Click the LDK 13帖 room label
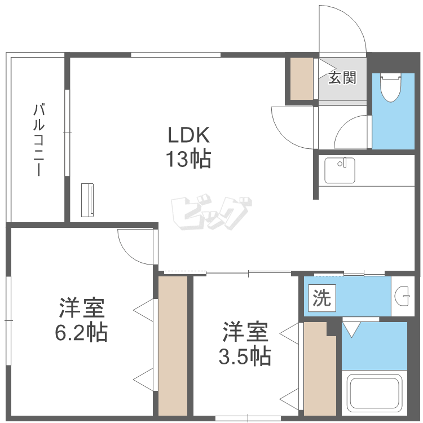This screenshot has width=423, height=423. coord(189,147)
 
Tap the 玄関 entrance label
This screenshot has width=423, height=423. coord(342,78)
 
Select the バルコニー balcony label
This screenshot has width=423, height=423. coord(39,139)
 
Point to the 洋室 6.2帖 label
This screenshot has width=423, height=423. coord(81,320)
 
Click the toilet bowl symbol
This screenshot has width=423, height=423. coord(390,88)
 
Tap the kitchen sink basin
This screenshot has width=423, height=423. coord(340,170)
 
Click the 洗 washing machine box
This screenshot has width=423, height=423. coord(322,298)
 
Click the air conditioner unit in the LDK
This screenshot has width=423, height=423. coord(87,200)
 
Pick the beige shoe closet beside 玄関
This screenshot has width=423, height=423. coord(302,79)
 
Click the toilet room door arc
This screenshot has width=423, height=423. coord(345,123)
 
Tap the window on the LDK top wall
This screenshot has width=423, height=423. coord(175,55)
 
